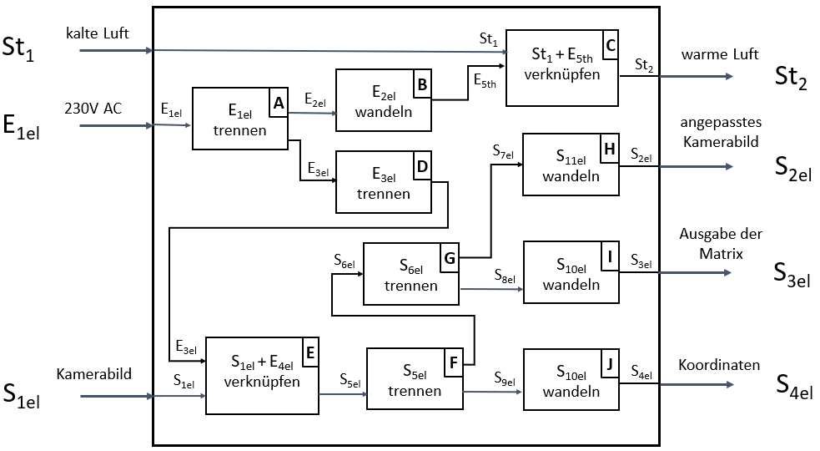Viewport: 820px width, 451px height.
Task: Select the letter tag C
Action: point(611,45)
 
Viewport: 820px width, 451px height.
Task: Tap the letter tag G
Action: point(449,258)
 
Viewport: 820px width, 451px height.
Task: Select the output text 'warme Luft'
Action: point(720,54)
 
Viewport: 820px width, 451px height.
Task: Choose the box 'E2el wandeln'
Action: point(383,100)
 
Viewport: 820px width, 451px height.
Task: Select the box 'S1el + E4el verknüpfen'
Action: point(263,375)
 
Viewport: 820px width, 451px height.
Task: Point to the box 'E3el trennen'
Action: point(384,182)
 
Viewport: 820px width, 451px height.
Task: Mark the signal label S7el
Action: point(505,153)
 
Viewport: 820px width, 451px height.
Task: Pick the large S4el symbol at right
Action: point(794,386)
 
